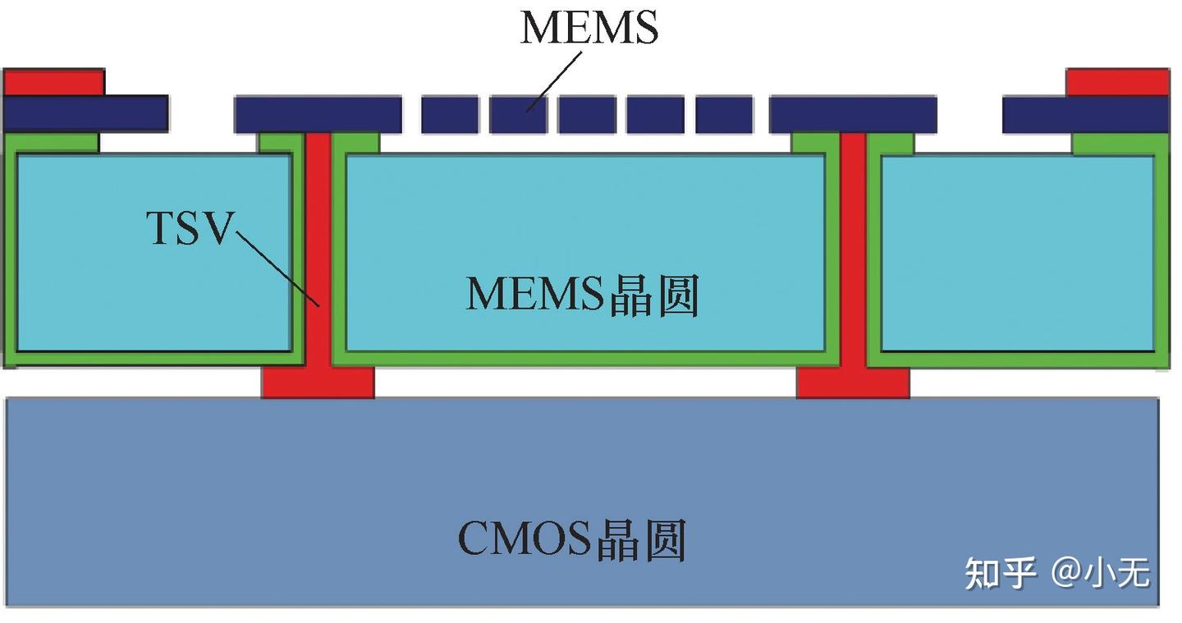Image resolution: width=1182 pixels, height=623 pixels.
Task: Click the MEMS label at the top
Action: [x=589, y=27]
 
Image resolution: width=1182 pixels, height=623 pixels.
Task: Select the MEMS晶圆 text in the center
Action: [x=582, y=295]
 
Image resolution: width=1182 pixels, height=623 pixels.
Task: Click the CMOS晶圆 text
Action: [x=571, y=539]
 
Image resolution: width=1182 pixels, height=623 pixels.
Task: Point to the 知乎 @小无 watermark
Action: [x=1057, y=573]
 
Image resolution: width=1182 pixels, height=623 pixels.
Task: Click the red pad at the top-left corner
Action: [x=54, y=82]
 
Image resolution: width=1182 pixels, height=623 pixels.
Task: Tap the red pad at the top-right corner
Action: [x=1117, y=82]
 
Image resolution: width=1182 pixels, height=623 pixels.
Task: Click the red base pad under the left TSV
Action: [x=318, y=383]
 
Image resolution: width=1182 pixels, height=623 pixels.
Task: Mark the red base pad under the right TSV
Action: [x=854, y=383]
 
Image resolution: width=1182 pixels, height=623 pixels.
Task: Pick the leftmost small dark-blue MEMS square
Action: [x=450, y=114]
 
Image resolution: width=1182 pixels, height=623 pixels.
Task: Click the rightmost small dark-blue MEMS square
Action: [x=724, y=114]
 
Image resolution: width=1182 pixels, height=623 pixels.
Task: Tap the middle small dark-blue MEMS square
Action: [x=587, y=114]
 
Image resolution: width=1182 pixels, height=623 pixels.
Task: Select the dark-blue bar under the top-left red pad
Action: [x=86, y=113]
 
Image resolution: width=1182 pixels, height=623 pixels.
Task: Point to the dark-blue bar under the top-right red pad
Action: [x=1085, y=114]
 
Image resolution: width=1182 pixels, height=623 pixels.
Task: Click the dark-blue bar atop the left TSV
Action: [x=318, y=114]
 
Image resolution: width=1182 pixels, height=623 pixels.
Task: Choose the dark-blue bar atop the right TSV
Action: [x=854, y=114]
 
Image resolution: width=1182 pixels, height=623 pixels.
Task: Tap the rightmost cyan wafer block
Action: [x=1017, y=253]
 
